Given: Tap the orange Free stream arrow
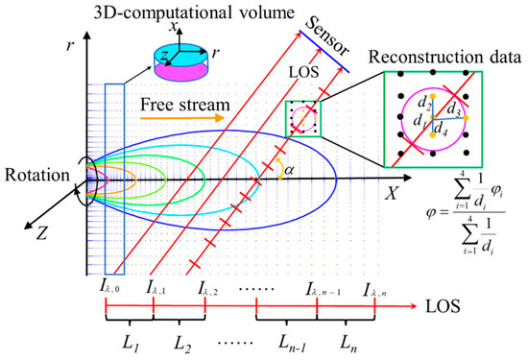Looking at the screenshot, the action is (x=182, y=118).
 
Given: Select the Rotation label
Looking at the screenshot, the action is (x=37, y=176).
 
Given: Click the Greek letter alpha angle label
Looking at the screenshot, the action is (x=289, y=171).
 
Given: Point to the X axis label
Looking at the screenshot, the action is (x=392, y=194).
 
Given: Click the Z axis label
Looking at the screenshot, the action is (x=40, y=233).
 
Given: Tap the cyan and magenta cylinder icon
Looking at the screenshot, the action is (x=180, y=62).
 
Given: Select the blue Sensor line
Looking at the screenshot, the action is (x=324, y=52).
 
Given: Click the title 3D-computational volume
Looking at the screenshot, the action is (x=194, y=12).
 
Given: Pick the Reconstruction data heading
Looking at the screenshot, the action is (x=444, y=58).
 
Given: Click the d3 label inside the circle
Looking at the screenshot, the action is (x=453, y=109).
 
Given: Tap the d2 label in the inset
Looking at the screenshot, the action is (x=424, y=102).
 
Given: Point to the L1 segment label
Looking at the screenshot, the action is (x=131, y=344).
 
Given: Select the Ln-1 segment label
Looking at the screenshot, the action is (x=292, y=344).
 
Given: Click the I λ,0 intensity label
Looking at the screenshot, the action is (x=108, y=288).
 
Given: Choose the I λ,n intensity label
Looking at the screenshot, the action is (x=374, y=291).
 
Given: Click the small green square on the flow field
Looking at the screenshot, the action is (x=303, y=119).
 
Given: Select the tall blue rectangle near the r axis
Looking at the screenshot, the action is (x=114, y=180).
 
